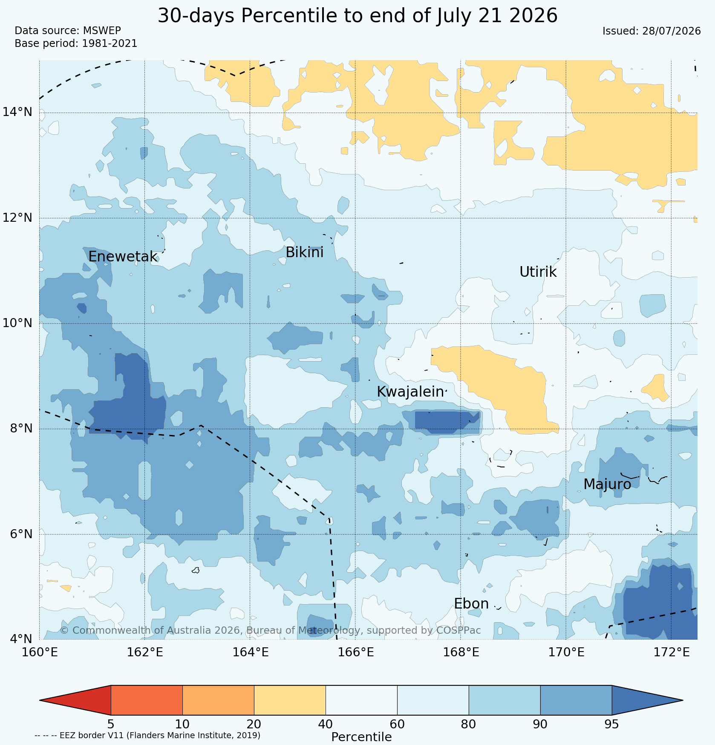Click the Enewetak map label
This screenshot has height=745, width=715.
click(123, 257)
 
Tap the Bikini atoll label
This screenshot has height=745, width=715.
click(304, 252)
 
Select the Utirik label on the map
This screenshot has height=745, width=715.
click(538, 272)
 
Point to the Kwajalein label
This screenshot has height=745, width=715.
click(410, 392)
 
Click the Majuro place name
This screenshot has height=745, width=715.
click(607, 484)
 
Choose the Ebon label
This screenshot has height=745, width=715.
click(471, 604)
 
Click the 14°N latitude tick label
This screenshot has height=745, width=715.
click(17, 113)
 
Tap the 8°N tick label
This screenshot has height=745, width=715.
click(21, 429)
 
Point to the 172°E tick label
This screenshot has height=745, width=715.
click(671, 652)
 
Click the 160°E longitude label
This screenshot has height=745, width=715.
click(40, 652)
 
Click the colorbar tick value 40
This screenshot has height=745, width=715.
click(326, 724)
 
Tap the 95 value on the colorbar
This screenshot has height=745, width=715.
click(612, 724)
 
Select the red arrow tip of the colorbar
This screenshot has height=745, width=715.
click(40, 700)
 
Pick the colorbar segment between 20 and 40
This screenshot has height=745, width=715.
click(290, 700)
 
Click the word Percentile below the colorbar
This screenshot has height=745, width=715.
click(361, 737)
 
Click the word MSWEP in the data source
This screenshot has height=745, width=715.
click(102, 31)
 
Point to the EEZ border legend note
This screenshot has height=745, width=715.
click(147, 735)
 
